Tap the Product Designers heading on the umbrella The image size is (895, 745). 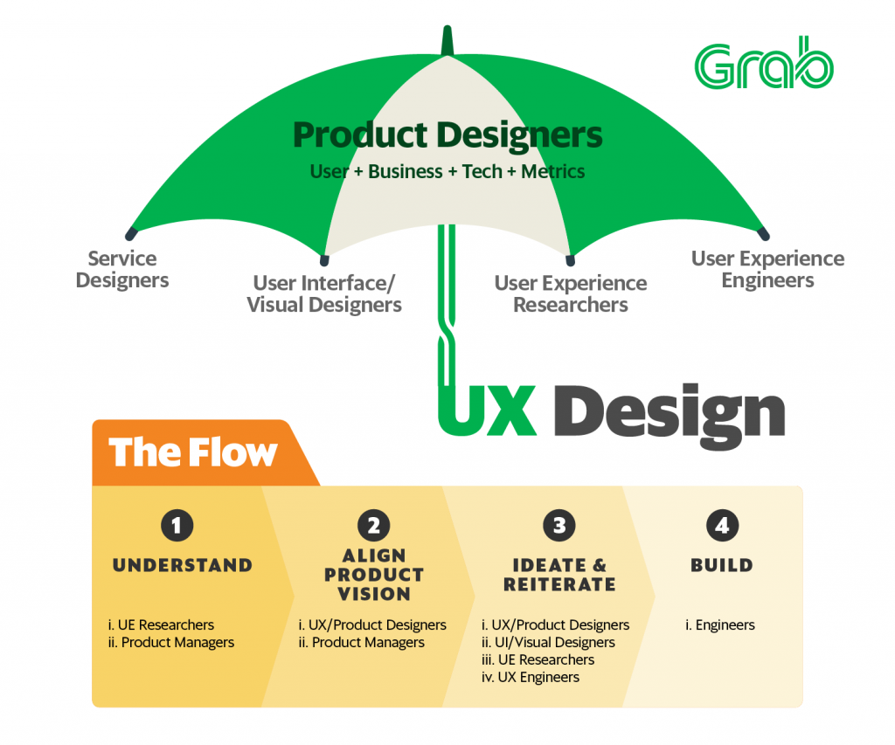tap(447, 135)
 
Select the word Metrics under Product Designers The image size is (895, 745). tap(552, 171)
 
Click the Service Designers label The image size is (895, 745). tap(122, 269)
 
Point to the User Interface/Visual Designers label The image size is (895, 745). tap(324, 293)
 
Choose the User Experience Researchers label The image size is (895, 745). tap(571, 293)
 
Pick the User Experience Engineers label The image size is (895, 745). tap(767, 269)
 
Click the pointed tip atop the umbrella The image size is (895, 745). tap(447, 40)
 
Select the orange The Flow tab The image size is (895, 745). tap(193, 452)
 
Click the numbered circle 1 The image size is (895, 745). tap(177, 526)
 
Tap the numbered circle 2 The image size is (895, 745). tap(373, 526)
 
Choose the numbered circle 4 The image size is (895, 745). tap(721, 526)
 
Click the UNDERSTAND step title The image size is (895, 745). tap(183, 565)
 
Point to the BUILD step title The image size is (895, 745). tap(721, 565)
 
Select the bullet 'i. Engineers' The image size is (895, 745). tap(720, 624)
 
